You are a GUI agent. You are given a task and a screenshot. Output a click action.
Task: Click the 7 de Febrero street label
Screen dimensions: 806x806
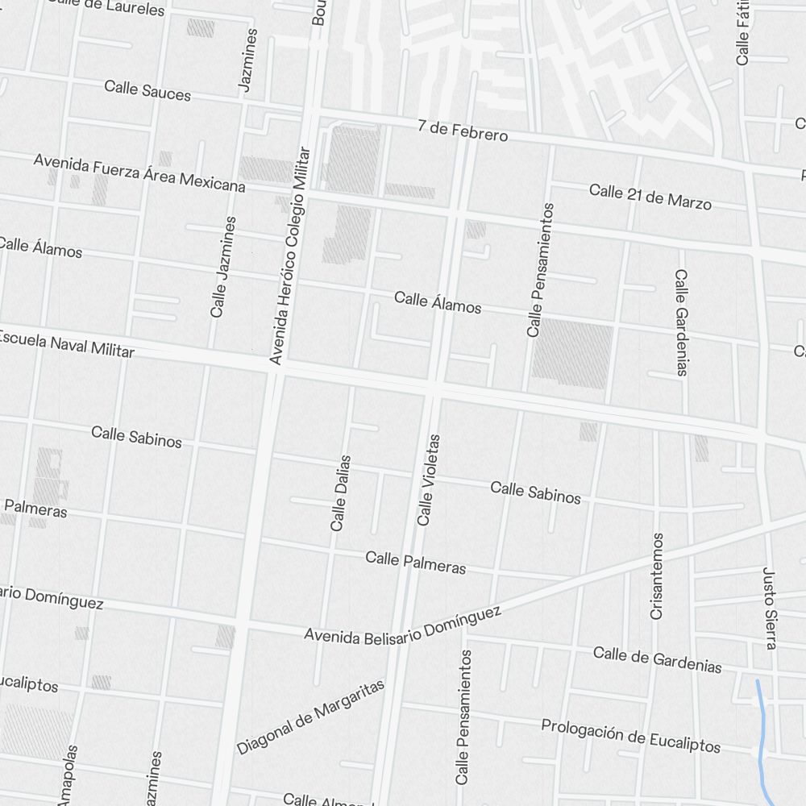point(463,131)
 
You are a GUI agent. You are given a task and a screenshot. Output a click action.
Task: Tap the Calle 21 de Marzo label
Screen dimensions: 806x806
point(650,196)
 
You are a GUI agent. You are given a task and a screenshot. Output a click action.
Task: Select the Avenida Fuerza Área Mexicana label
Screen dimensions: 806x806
point(139,172)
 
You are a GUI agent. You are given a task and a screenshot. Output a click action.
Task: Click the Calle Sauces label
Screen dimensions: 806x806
point(147,90)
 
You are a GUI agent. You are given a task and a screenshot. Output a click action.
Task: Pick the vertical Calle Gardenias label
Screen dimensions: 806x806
point(681,322)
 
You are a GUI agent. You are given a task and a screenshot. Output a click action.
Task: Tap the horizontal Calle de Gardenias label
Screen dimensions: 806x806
point(657,659)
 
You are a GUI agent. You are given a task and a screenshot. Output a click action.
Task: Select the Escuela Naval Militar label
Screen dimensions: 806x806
point(66,343)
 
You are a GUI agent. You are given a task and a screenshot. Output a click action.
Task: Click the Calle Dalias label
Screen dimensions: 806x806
point(341,492)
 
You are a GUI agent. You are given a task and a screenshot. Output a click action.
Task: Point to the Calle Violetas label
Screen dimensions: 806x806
point(428,480)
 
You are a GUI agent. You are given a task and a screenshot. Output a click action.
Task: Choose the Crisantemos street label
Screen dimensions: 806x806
point(657,575)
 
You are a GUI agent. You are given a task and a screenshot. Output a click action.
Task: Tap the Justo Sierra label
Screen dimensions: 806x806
point(769,608)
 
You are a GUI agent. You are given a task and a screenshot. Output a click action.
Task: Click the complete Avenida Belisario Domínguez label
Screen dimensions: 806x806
point(402,625)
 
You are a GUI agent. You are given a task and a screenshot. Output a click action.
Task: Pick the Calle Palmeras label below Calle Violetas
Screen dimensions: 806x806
point(415,562)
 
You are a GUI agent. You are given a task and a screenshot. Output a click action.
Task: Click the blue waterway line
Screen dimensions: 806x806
point(760,733)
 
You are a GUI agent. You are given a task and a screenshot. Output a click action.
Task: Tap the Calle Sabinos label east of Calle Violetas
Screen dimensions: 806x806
point(535,492)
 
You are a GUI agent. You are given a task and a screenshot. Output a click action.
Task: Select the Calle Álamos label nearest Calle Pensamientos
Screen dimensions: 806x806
point(438,302)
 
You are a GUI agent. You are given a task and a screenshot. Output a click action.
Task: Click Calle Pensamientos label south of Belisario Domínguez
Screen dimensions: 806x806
point(463,717)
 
